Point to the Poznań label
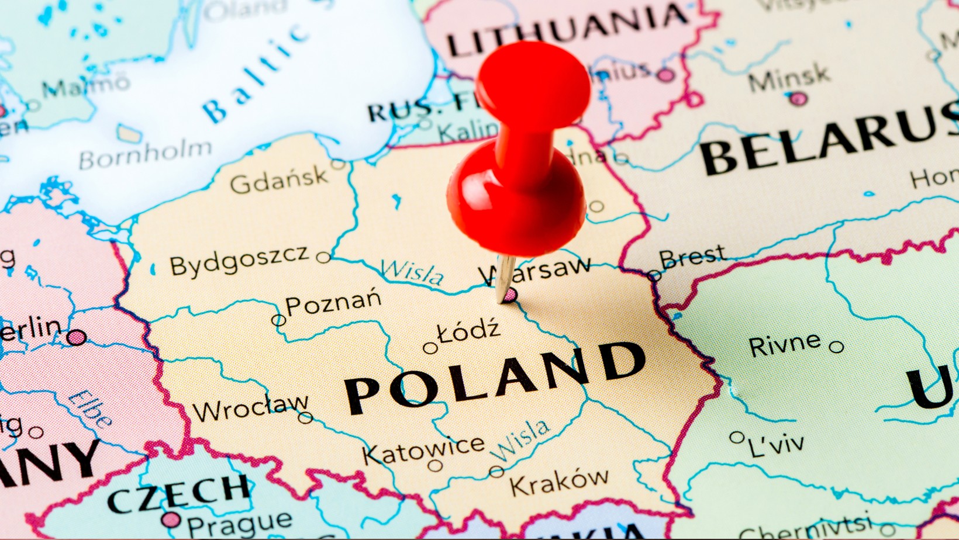click(333, 303)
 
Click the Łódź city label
click(469, 331)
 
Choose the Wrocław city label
click(250, 408)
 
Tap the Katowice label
click(423, 450)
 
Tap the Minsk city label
click(789, 78)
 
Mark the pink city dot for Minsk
click(798, 99)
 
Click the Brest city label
click(692, 257)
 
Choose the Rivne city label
click(784, 344)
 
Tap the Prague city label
click(239, 524)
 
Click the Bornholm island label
click(145, 154)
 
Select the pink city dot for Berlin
click(76, 337)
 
